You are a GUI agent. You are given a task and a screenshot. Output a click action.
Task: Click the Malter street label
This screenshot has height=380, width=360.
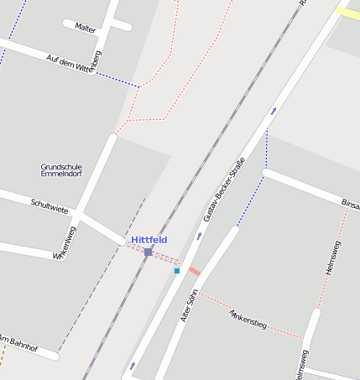86,28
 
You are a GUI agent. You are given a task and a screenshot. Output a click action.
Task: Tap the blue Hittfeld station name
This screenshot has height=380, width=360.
149,240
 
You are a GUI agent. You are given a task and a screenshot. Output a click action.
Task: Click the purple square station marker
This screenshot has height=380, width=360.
148,252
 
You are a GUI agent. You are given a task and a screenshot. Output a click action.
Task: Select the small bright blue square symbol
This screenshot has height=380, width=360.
177,271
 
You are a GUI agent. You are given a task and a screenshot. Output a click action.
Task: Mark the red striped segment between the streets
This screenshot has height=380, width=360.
194,271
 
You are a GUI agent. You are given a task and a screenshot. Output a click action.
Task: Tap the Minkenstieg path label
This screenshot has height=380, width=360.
248,319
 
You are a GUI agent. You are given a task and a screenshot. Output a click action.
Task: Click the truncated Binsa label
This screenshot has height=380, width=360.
350,204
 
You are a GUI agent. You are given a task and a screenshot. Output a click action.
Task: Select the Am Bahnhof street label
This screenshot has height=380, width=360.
18,342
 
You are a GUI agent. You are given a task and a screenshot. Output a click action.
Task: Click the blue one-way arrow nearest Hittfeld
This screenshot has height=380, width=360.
199,236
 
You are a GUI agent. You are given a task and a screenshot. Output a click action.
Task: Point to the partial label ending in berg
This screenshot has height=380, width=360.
97,61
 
